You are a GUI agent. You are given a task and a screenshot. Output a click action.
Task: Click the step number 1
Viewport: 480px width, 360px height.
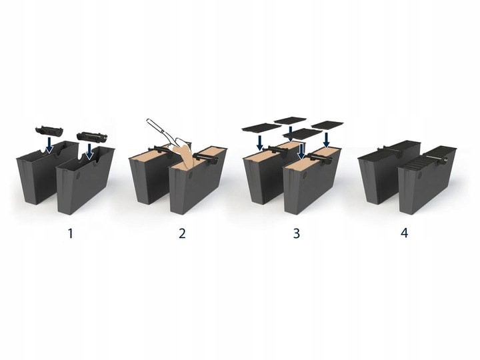coord(71,233)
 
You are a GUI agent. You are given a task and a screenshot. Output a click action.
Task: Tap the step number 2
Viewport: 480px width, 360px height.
coord(182,233)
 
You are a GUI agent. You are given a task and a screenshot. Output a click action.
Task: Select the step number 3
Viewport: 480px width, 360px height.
coord(296,233)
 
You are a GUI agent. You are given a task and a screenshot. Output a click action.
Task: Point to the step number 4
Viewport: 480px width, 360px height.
coord(405,233)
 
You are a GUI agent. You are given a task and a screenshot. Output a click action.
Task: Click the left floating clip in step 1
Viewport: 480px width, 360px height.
coord(49,131)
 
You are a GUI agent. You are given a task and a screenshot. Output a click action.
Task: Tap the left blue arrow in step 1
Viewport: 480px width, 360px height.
coord(48,145)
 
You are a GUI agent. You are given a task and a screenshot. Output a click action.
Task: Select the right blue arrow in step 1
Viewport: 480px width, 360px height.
coord(89,151)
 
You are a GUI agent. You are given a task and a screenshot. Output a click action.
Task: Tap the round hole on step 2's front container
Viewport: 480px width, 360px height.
coord(191,176)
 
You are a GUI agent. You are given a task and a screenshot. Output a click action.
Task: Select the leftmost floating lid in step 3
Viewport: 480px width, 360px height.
coord(261,127)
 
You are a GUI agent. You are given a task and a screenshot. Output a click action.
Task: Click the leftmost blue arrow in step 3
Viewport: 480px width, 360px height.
coord(260,143)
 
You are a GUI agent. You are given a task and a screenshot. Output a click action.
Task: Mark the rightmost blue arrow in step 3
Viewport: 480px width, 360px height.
coord(326,140)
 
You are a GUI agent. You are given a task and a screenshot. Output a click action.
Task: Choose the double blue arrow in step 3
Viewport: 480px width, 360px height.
coord(301,152)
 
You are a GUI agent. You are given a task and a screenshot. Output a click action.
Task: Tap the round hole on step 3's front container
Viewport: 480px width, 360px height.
coord(305,176)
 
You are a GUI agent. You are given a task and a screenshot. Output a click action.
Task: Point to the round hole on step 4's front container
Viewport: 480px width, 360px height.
coord(419,176)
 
